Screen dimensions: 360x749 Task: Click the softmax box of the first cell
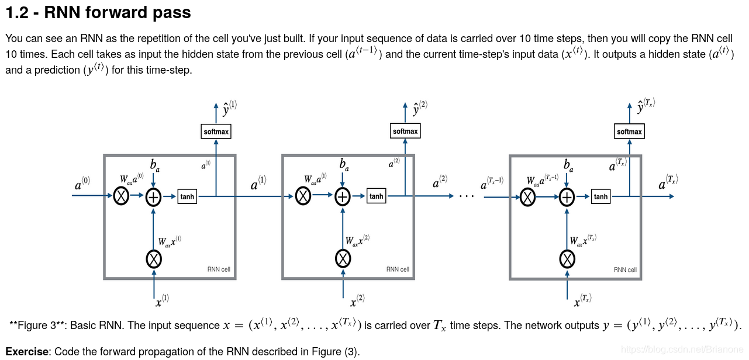pos(216,131)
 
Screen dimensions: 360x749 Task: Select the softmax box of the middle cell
pos(405,131)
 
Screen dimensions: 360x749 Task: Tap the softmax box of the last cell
pos(629,131)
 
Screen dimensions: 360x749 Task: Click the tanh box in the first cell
pos(187,197)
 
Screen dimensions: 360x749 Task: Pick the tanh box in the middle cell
pos(377,196)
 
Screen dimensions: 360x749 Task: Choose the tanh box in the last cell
pos(600,197)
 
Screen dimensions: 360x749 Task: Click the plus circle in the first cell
pos(153,198)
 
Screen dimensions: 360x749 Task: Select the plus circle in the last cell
pos(567,198)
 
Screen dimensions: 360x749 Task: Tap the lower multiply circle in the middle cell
pos(343,258)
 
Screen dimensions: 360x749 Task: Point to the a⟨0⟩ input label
pos(82,185)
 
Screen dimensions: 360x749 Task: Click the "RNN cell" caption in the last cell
pos(625,270)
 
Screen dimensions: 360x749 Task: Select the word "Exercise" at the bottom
pos(27,352)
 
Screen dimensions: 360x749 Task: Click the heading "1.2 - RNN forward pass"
pos(98,12)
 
